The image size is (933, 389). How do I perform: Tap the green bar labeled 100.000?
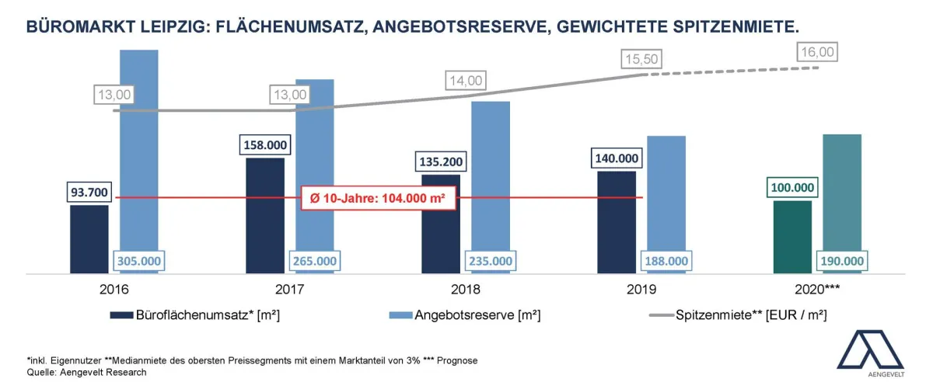[x=792, y=237]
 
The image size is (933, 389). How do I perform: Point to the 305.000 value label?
[x=139, y=261]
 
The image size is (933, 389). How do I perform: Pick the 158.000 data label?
[x=265, y=144]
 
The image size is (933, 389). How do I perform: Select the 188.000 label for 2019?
[x=666, y=261]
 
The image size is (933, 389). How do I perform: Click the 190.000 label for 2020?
[x=842, y=261]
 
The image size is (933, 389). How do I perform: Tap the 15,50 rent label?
[x=641, y=59]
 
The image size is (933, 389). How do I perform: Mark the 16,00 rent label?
[x=817, y=52]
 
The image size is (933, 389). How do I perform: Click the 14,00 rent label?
[x=466, y=80]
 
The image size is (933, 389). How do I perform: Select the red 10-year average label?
[x=377, y=198]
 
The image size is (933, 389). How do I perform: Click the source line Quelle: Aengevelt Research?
[x=86, y=372]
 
